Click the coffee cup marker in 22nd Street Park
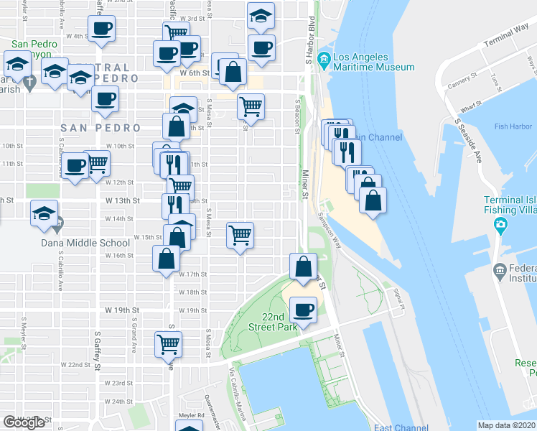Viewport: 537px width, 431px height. [x=304, y=310]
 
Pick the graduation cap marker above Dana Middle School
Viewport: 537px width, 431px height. [x=45, y=214]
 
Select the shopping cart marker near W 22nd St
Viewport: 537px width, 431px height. [x=168, y=344]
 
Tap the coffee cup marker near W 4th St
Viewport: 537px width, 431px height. [x=101, y=29]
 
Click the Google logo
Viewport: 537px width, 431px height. [x=24, y=422]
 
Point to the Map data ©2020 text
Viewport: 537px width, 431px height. [x=507, y=425]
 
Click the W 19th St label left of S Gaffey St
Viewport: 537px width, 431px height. [x=120, y=310]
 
